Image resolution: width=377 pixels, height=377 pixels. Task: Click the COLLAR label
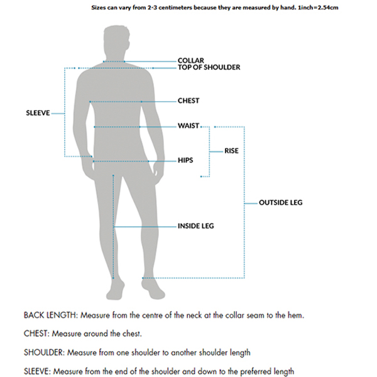click(x=190, y=60)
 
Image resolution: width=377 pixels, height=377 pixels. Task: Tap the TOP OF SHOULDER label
click(x=209, y=67)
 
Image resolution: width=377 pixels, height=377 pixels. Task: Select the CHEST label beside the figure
click(x=188, y=101)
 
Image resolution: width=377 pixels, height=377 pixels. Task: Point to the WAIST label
click(x=188, y=126)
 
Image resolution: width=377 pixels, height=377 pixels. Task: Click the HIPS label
click(x=186, y=161)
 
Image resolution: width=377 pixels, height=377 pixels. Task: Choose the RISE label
click(x=232, y=151)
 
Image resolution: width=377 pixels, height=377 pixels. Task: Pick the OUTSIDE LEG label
click(x=281, y=203)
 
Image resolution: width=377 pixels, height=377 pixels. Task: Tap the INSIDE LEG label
click(x=195, y=226)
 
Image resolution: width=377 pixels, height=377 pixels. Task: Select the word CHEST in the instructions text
click(x=36, y=333)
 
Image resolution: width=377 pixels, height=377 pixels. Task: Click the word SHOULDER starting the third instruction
click(x=43, y=352)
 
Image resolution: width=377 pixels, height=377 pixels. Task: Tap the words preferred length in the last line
click(x=264, y=371)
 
